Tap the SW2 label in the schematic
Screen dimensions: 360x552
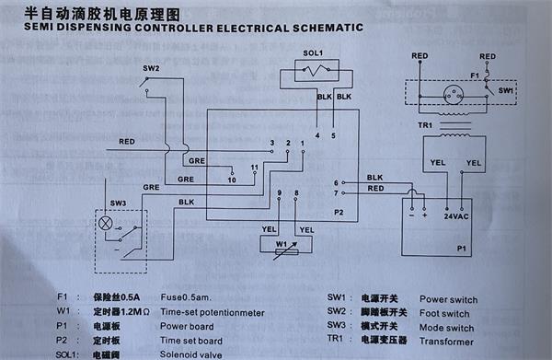151,69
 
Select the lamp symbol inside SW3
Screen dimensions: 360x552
107,224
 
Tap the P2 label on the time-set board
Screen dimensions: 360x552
338,213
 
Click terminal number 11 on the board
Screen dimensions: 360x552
255,167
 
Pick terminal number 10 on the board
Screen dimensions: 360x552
232,180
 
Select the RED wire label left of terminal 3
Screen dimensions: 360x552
128,142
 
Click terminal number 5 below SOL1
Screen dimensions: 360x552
333,135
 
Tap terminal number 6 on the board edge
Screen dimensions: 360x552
336,182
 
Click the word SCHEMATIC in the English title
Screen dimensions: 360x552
314,29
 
